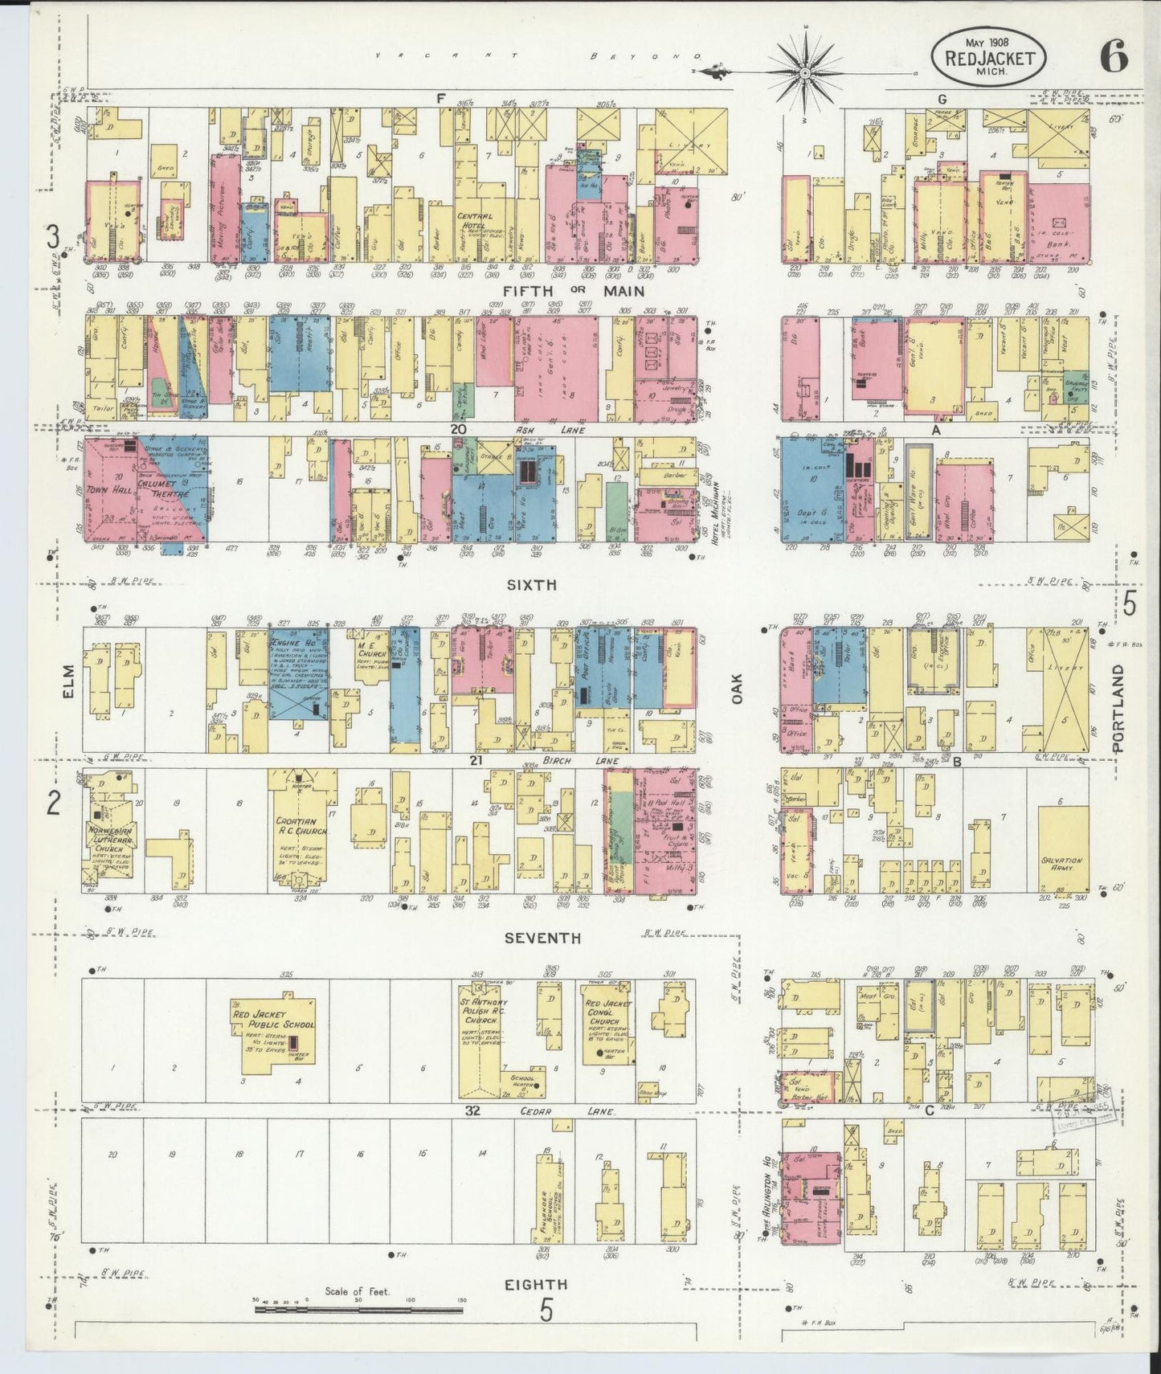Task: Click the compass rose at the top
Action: pos(804,73)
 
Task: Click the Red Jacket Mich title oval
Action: pos(989,57)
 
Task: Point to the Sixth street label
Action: pos(531,585)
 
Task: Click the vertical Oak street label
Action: pos(737,689)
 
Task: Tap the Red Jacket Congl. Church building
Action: pos(607,1024)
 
